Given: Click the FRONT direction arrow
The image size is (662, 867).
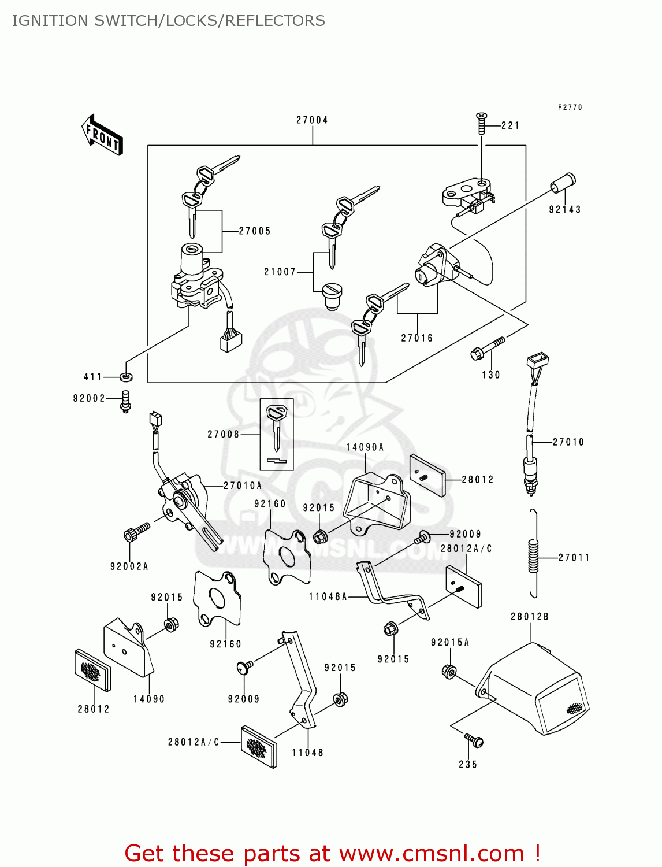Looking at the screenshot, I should click(x=103, y=135).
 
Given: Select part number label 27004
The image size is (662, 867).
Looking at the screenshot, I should click(x=312, y=120).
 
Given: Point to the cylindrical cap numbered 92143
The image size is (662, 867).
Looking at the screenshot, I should click(x=563, y=183).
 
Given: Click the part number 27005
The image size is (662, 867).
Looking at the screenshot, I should click(x=255, y=231).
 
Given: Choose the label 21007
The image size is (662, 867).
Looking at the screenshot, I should click(x=280, y=272).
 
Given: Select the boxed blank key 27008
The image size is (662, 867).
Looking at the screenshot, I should click(x=277, y=434).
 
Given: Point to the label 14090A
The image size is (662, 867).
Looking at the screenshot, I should click(x=365, y=447).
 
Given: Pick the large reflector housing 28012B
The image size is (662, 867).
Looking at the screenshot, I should click(x=534, y=691).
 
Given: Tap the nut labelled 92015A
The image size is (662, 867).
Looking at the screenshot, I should click(x=449, y=671).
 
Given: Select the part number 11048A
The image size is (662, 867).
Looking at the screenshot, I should click(x=328, y=596).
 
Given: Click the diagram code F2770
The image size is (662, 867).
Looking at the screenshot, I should click(x=570, y=108).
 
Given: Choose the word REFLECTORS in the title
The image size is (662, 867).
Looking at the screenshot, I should click(x=275, y=21).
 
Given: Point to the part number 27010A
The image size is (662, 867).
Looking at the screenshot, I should click(x=243, y=486).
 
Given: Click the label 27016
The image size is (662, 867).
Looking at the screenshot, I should click(x=416, y=338).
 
